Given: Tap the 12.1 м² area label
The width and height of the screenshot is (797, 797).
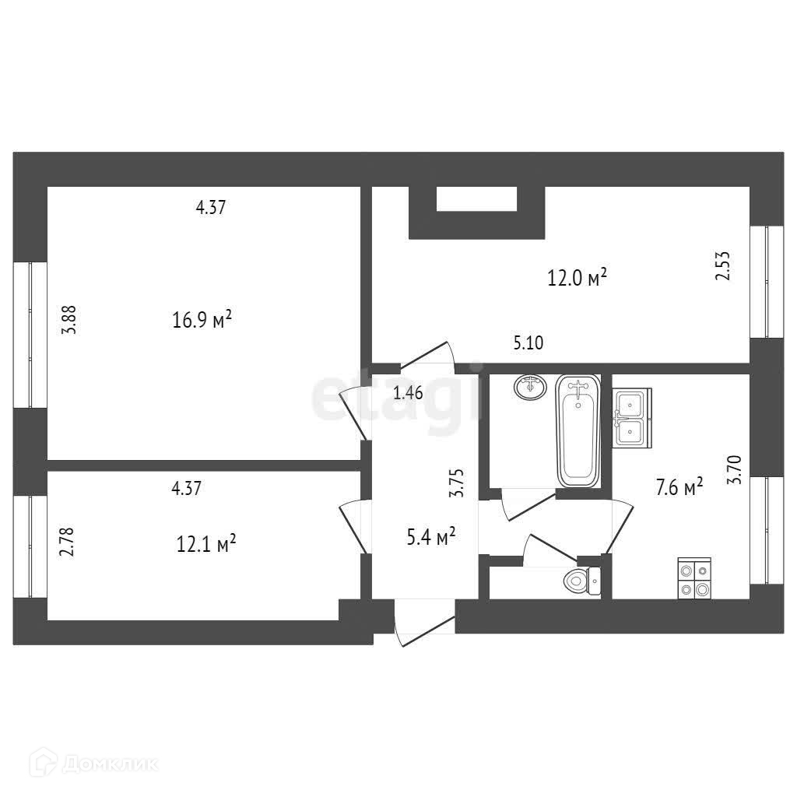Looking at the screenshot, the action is point(206,542).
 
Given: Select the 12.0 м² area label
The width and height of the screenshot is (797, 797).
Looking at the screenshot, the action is point(577,277).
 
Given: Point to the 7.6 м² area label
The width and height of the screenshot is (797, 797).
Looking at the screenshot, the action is point(679,487).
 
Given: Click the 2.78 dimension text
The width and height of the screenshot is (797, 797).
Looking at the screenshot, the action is point(67,542).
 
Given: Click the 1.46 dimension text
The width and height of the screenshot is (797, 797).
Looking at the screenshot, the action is point(408,393).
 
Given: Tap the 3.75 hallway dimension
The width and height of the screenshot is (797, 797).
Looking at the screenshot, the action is point(458,483).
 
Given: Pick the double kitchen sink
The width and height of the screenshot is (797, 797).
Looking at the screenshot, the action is point(630,418).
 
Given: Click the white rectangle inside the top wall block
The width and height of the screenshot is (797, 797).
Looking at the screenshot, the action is point(476,199).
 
